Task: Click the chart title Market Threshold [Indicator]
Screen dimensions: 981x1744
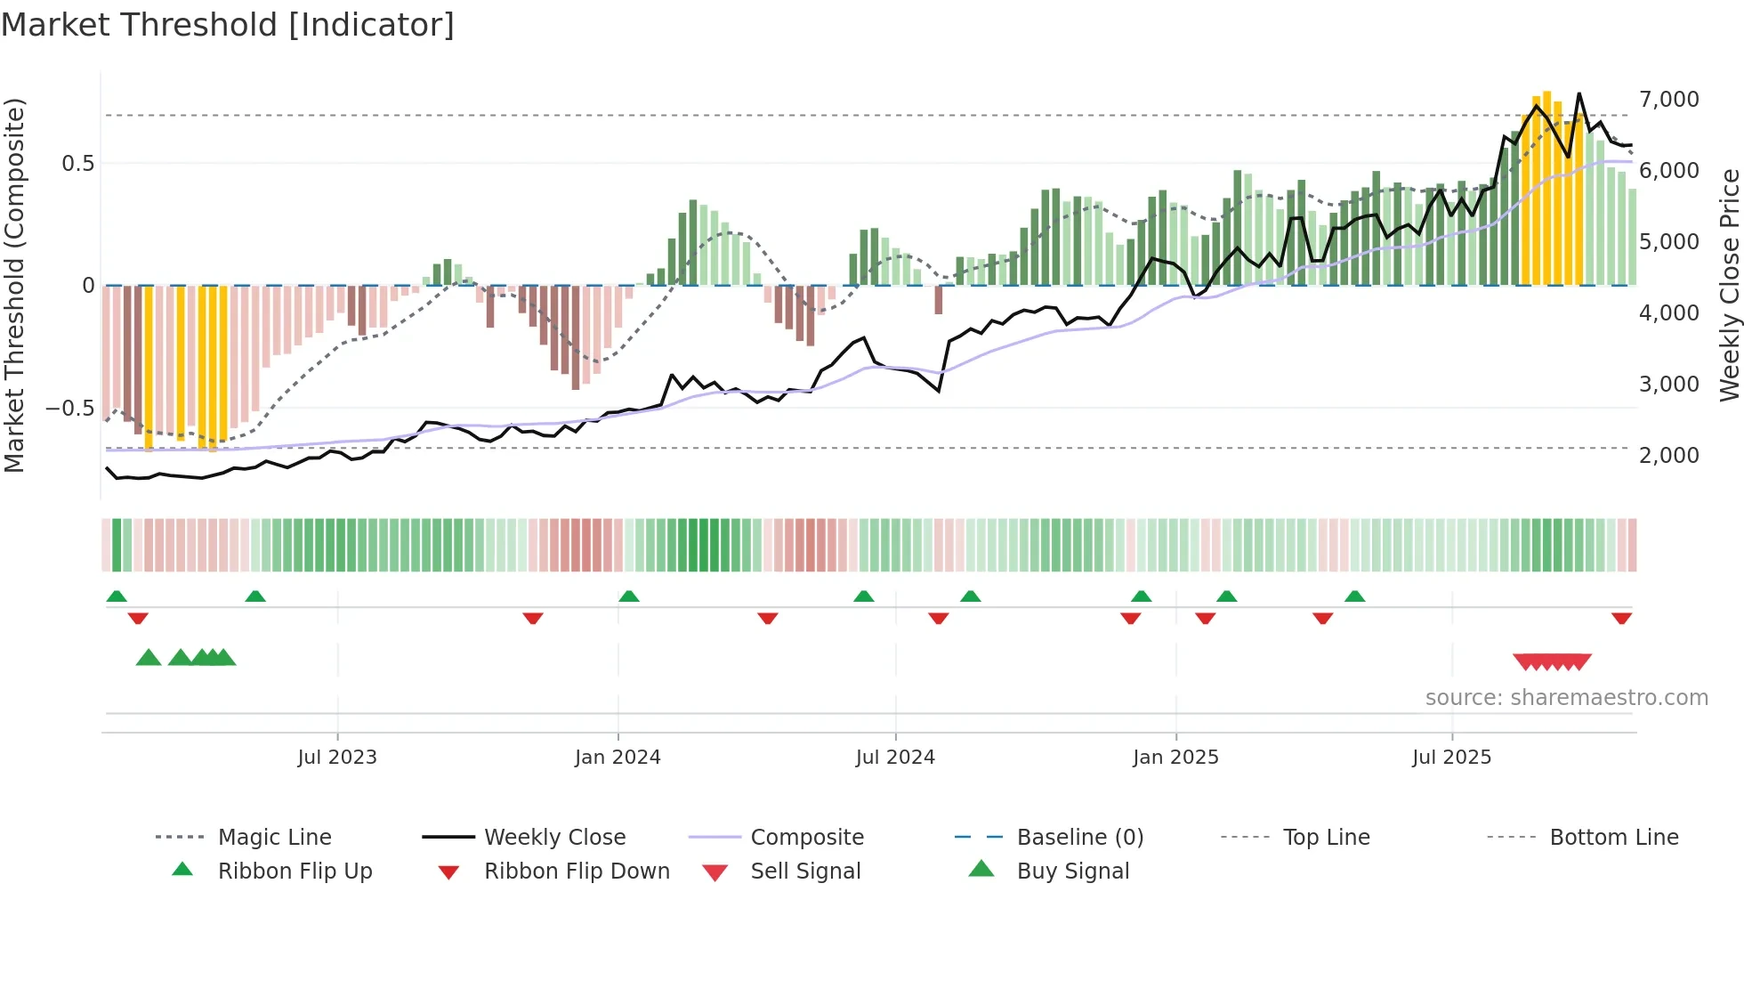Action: [x=228, y=25]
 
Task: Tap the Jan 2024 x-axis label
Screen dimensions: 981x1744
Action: [x=618, y=758]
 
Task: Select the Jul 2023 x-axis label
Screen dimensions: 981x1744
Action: [x=337, y=758]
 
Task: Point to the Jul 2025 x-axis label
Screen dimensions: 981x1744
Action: [x=1451, y=758]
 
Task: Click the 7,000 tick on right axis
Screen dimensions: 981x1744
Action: [x=1668, y=100]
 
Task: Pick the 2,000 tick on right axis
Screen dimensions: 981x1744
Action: [x=1668, y=456]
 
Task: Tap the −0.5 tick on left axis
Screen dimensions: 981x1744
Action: [x=69, y=409]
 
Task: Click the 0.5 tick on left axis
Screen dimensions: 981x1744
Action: [x=77, y=164]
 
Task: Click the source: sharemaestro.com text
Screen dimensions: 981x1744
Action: [x=1566, y=698]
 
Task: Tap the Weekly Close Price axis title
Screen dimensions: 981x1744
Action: [x=1729, y=285]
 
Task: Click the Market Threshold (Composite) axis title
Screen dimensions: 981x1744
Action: [x=14, y=285]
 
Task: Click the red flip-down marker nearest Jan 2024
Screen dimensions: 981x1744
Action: [x=533, y=619]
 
